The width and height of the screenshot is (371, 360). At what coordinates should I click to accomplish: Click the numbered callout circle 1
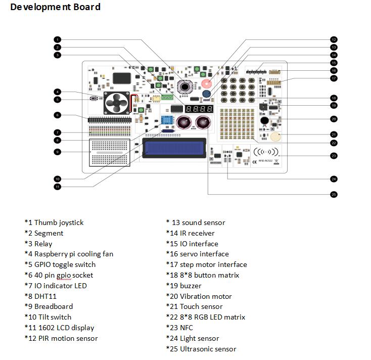point(58,39)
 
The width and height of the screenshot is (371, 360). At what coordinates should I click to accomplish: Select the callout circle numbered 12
point(334,39)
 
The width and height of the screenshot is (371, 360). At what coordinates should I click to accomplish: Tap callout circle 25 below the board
point(334,194)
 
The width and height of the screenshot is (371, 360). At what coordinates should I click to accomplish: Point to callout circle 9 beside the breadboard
point(58,151)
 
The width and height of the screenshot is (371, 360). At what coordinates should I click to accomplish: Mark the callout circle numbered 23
point(334,156)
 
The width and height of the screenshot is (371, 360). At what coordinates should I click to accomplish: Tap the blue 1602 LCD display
point(174,148)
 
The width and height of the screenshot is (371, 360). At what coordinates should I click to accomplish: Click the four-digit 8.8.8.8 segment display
point(199,109)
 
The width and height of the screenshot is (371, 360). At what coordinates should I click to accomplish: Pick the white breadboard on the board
point(109,152)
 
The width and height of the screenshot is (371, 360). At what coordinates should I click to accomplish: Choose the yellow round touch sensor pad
point(275,136)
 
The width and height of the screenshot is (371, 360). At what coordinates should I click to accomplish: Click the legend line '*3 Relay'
point(38,244)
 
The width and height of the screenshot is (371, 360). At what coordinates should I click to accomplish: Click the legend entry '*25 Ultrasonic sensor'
point(201,349)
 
